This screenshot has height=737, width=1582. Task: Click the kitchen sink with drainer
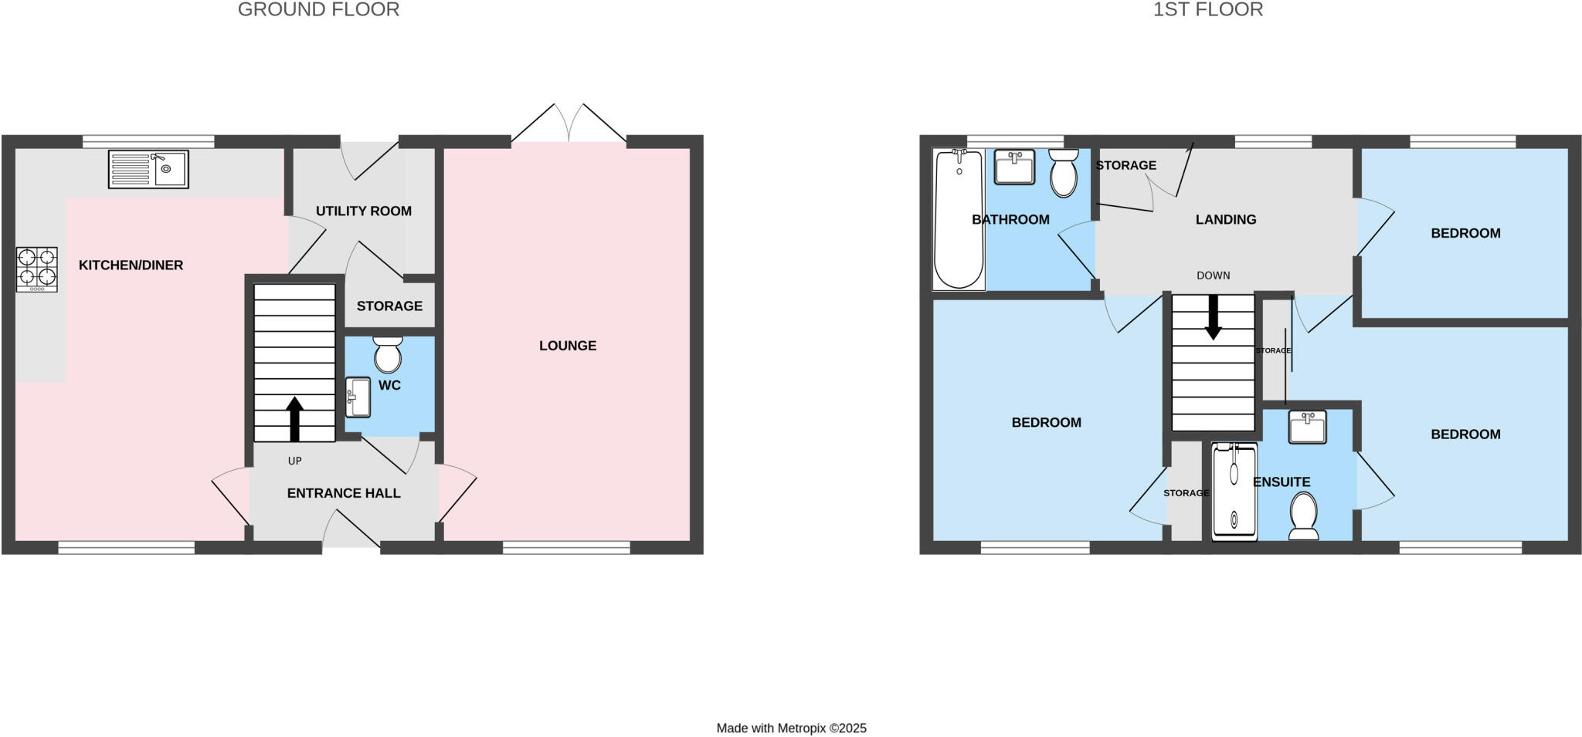coord(148,169)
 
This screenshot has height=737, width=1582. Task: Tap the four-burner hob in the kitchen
coord(37,269)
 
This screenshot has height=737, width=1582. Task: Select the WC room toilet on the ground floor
coord(387,354)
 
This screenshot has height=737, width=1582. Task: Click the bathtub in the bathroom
coord(959,219)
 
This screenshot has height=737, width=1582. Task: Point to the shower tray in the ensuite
coord(1234,491)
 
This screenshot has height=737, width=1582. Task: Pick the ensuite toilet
coord(1303,516)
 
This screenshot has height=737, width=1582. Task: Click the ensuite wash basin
coord(1307,427)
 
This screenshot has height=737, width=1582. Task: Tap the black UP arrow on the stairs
coord(294,419)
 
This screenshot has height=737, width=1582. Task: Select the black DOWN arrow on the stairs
coord(1213,316)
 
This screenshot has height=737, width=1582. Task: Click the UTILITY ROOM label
coord(364,211)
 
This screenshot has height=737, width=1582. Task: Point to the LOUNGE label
coord(568,346)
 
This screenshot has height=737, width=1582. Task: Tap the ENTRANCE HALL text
coord(344,493)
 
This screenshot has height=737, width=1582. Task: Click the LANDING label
coord(1226,219)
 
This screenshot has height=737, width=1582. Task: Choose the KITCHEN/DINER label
coord(131,265)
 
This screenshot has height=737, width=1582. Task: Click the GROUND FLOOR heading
coord(318,10)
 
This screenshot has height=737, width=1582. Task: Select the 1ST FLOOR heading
coord(1208,10)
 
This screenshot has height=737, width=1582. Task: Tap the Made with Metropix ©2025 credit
coord(791,728)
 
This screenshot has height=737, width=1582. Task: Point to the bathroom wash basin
coord(1014,167)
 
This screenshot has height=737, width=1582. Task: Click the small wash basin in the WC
coord(358,397)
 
